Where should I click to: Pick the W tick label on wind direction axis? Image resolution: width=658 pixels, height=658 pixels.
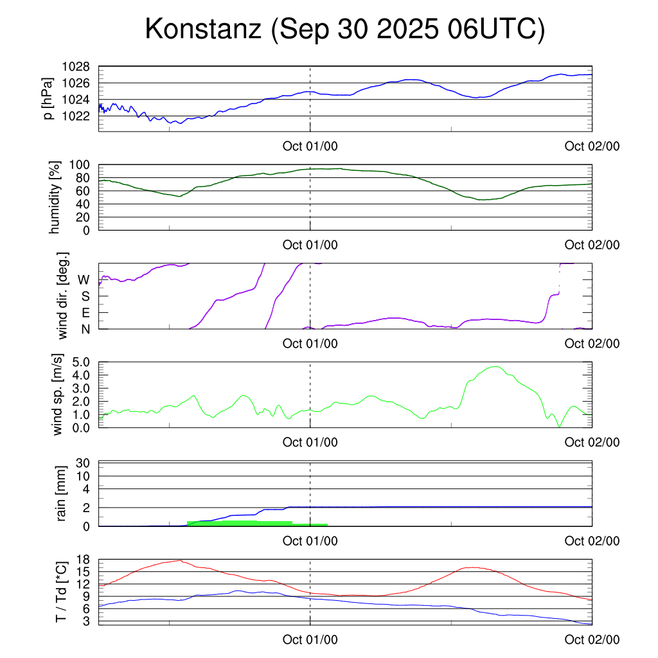pyautogui.click(x=84, y=280)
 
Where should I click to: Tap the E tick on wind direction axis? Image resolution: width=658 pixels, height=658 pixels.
pyautogui.click(x=85, y=313)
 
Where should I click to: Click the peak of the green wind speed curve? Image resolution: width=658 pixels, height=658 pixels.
pyautogui.click(x=495, y=367)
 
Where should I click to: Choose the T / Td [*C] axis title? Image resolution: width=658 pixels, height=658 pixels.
pyautogui.click(x=61, y=591)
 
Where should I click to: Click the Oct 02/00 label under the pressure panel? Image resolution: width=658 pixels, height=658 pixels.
pyautogui.click(x=592, y=146)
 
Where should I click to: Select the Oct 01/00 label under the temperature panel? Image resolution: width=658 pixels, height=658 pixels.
pyautogui.click(x=310, y=639)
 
